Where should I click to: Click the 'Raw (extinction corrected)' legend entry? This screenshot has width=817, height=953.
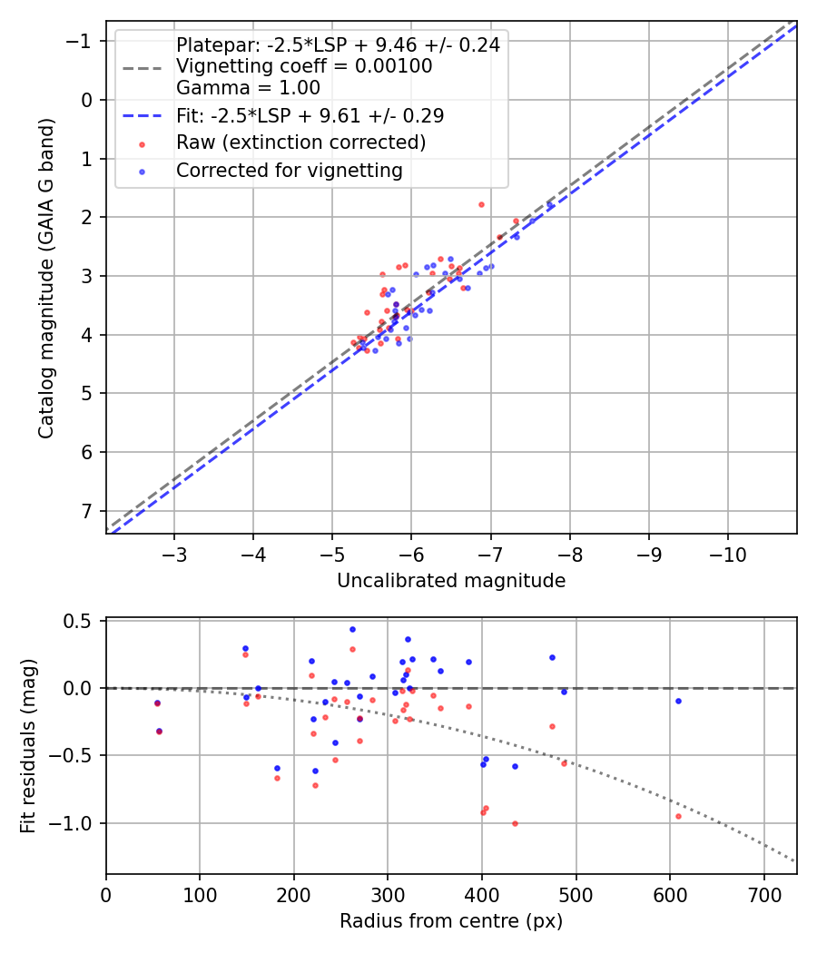point(300,142)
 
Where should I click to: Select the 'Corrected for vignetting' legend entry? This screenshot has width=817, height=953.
point(289,170)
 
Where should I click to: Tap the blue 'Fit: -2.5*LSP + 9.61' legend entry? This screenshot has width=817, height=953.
point(310,115)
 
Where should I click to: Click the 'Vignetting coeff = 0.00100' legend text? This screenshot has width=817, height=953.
point(304,66)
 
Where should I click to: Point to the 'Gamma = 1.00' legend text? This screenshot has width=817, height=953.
point(248,88)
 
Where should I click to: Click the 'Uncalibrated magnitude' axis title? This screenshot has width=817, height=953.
point(451,581)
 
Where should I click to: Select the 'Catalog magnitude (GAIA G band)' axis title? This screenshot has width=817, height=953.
point(46,277)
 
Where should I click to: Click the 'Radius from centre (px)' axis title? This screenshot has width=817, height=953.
point(451,921)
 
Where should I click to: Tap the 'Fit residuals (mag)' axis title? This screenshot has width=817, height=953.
point(28,747)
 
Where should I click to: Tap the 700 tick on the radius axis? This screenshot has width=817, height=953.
point(763,895)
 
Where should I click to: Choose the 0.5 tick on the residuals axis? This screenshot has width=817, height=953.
point(82,621)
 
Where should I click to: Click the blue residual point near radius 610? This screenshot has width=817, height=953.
point(678,701)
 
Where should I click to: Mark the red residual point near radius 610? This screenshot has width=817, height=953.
point(678,816)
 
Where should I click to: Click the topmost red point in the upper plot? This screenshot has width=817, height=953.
point(481,204)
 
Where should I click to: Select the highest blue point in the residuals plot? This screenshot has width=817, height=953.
point(352,629)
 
